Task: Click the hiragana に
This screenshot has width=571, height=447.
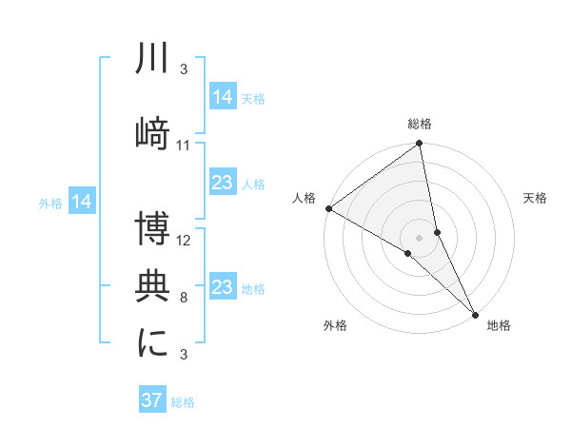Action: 153,342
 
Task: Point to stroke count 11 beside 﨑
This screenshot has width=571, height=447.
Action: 184,146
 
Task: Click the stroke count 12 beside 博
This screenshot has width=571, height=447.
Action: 184,242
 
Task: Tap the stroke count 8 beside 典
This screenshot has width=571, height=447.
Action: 184,298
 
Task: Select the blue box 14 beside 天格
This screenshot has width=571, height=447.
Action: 223,97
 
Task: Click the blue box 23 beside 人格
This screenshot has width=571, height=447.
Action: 223,184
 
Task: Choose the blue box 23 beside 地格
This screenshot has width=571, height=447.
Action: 223,287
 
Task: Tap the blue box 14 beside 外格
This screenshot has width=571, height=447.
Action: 82,202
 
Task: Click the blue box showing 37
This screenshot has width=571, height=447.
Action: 152,400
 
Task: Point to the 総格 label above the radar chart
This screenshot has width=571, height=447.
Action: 420,124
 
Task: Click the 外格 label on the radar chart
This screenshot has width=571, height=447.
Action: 335,326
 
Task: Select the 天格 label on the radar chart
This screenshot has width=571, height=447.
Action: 536,198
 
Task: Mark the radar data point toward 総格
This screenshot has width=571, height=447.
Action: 420,145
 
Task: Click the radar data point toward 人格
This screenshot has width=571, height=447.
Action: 328,208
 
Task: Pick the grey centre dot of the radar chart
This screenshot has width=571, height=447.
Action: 420,237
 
